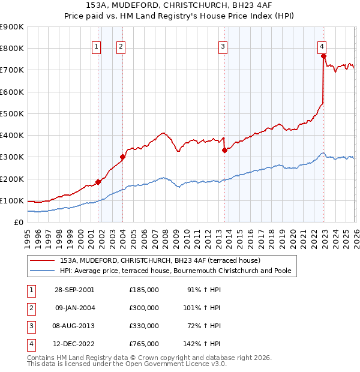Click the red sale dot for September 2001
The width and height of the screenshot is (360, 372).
pos(98,182)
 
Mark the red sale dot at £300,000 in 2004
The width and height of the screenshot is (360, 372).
pos(122,157)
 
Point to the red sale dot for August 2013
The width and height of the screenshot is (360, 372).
pos(224,150)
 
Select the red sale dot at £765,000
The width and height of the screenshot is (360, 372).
pos(323,56)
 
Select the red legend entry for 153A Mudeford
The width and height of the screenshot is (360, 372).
pos(160,260)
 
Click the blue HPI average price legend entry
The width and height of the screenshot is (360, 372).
pos(175,271)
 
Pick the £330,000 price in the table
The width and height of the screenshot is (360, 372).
pos(144,326)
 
